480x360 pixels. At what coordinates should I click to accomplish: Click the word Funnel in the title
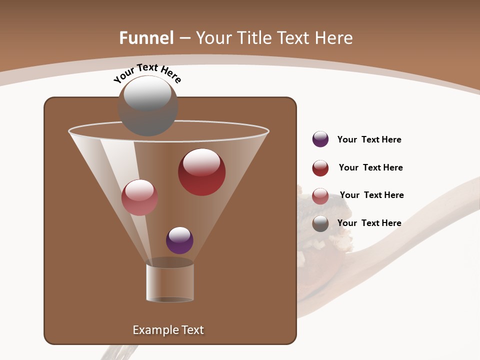[x=146, y=38]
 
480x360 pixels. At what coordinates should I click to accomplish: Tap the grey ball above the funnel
[x=148, y=106]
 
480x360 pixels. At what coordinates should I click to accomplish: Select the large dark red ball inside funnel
[x=201, y=172]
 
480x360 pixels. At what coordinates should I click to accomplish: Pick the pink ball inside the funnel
[x=139, y=197]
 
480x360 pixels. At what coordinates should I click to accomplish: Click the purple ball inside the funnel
[x=179, y=240]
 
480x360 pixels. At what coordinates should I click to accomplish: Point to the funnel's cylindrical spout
[x=170, y=283]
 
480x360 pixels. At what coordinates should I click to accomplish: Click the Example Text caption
[x=168, y=330]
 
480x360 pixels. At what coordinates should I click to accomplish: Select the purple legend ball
[x=320, y=139]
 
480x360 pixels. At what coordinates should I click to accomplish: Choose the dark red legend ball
[x=320, y=168]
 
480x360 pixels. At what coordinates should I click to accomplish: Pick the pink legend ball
[x=320, y=196]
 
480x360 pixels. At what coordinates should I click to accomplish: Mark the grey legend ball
[x=320, y=223]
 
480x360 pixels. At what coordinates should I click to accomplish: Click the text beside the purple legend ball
[x=369, y=139]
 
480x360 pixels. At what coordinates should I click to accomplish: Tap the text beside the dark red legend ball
[x=370, y=167]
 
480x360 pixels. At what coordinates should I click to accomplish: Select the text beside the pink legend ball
[x=371, y=195]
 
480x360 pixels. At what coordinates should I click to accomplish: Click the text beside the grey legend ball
[x=369, y=223]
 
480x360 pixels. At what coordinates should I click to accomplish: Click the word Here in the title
[x=333, y=38]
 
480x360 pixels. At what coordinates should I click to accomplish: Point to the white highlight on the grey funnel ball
[x=147, y=93]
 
